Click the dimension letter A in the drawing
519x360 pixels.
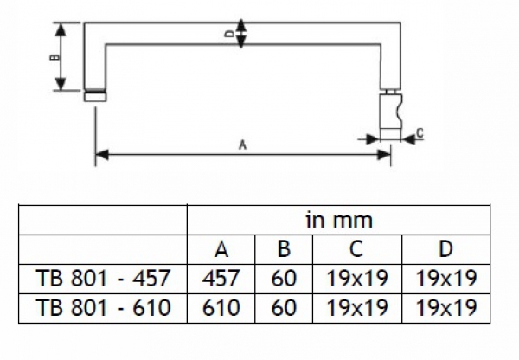242,145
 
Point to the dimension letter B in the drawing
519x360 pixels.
53,57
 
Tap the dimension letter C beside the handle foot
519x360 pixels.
419,133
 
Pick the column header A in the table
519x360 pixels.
222,250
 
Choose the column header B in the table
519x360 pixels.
283,250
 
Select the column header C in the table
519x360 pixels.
356,250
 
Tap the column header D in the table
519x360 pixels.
445,250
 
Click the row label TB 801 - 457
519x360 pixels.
103,279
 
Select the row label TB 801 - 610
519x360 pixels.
103,307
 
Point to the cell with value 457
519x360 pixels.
222,279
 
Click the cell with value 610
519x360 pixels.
222,307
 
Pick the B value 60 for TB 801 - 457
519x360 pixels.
283,279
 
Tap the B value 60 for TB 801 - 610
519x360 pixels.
283,307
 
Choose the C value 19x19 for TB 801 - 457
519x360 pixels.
356,279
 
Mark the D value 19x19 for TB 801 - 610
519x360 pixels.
445,307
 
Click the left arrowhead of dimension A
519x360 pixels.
99,155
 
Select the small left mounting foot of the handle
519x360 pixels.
95,96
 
